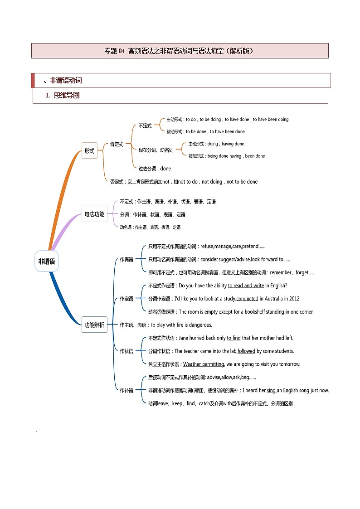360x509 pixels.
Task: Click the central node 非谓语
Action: point(47,261)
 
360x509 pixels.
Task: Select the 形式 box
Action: point(89,151)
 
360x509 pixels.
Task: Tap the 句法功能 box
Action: point(94,214)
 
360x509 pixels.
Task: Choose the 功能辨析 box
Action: point(94,325)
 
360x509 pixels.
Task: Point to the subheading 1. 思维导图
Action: point(63,95)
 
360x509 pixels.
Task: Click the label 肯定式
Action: point(117,145)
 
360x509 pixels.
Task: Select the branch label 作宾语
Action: point(126,259)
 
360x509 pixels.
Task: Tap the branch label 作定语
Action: point(126,299)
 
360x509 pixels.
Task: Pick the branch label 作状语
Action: point(126,351)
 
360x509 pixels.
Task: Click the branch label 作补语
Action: point(126,390)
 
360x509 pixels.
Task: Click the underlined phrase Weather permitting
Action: point(204,364)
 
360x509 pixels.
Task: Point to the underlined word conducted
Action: point(247,299)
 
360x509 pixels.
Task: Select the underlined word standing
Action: point(275,312)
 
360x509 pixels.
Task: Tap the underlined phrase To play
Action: point(158,325)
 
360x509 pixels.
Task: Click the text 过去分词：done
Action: point(155,169)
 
